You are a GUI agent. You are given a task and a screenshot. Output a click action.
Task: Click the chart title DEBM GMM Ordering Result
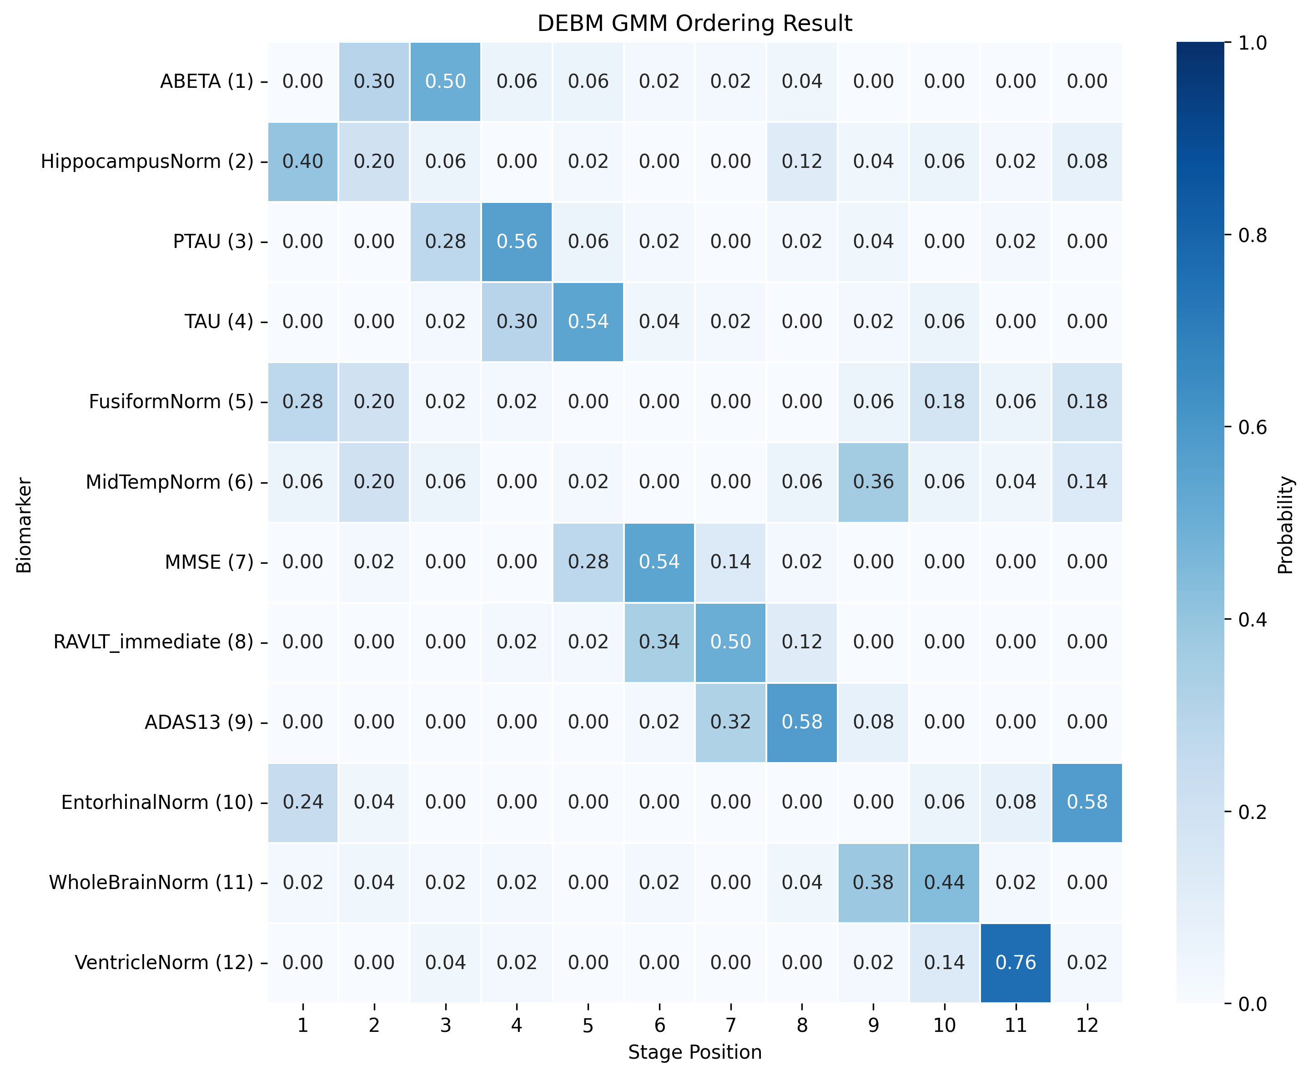694,24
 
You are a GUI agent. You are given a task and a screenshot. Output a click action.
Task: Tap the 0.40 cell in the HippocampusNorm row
302,162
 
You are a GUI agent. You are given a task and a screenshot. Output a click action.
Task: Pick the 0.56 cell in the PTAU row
516,242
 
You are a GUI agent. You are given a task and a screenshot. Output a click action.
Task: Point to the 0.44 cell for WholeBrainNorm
944,882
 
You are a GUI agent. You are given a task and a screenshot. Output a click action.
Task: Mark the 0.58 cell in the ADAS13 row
801,722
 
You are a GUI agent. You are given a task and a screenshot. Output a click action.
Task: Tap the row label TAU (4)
219,322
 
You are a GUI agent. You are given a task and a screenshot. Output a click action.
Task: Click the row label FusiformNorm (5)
171,402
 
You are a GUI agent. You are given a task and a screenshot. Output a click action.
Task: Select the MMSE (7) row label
209,562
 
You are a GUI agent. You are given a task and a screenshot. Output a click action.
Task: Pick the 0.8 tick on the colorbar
1252,236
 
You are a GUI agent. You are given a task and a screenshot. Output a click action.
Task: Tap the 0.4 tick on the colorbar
1252,620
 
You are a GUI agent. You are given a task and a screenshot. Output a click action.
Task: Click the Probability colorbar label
1286,525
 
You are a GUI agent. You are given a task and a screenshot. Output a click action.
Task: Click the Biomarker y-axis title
24,525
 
